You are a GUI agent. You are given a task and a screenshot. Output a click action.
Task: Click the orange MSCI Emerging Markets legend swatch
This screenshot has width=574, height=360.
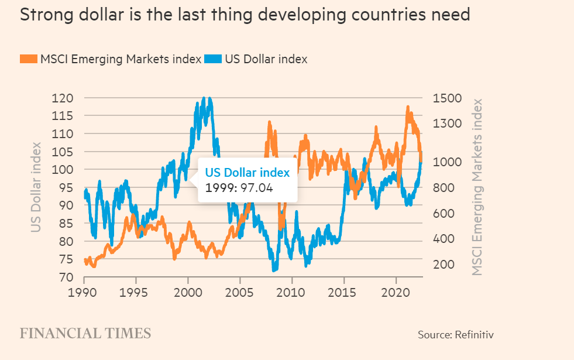[x=28, y=59]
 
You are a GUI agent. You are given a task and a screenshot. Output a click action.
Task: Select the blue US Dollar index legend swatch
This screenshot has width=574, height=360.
[x=212, y=59]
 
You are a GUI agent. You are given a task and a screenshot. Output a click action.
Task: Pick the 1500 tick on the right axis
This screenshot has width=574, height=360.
[x=447, y=98]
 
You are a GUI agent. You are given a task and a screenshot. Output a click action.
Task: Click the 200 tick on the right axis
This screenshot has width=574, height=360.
[x=444, y=265]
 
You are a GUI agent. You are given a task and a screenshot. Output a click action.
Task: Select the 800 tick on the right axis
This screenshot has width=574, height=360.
[x=444, y=187]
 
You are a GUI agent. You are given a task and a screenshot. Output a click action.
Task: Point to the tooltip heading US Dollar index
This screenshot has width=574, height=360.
[x=247, y=173]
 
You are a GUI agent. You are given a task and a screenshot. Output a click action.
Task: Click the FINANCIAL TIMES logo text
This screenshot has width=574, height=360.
[x=85, y=334]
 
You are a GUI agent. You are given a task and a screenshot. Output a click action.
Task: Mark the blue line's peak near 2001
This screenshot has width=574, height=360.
[x=204, y=98]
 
